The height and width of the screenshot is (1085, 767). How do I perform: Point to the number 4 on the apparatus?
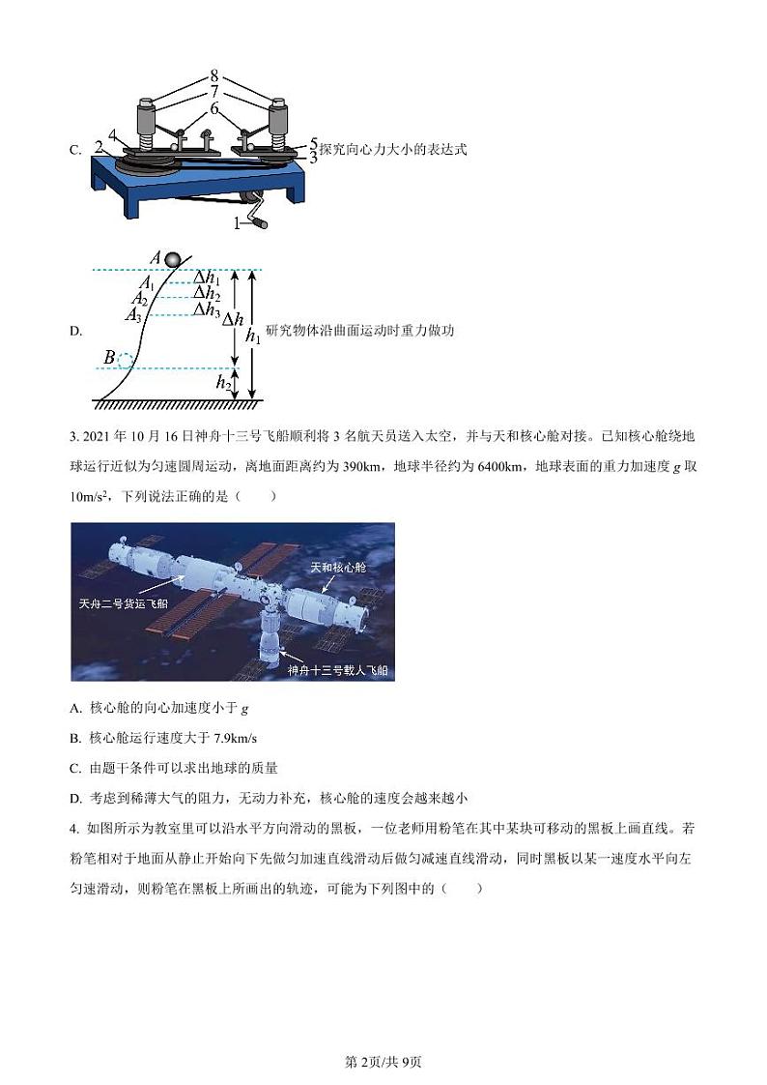tap(114, 135)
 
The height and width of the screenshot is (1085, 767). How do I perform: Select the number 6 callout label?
tap(214, 109)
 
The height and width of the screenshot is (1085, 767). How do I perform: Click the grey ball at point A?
tap(172, 259)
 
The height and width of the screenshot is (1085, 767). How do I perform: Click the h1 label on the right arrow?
tap(252, 336)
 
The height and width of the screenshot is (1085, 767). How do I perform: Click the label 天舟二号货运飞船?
tap(122, 602)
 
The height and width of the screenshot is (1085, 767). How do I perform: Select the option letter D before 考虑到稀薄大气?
tap(75, 798)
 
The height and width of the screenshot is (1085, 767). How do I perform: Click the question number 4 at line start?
tap(74, 829)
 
